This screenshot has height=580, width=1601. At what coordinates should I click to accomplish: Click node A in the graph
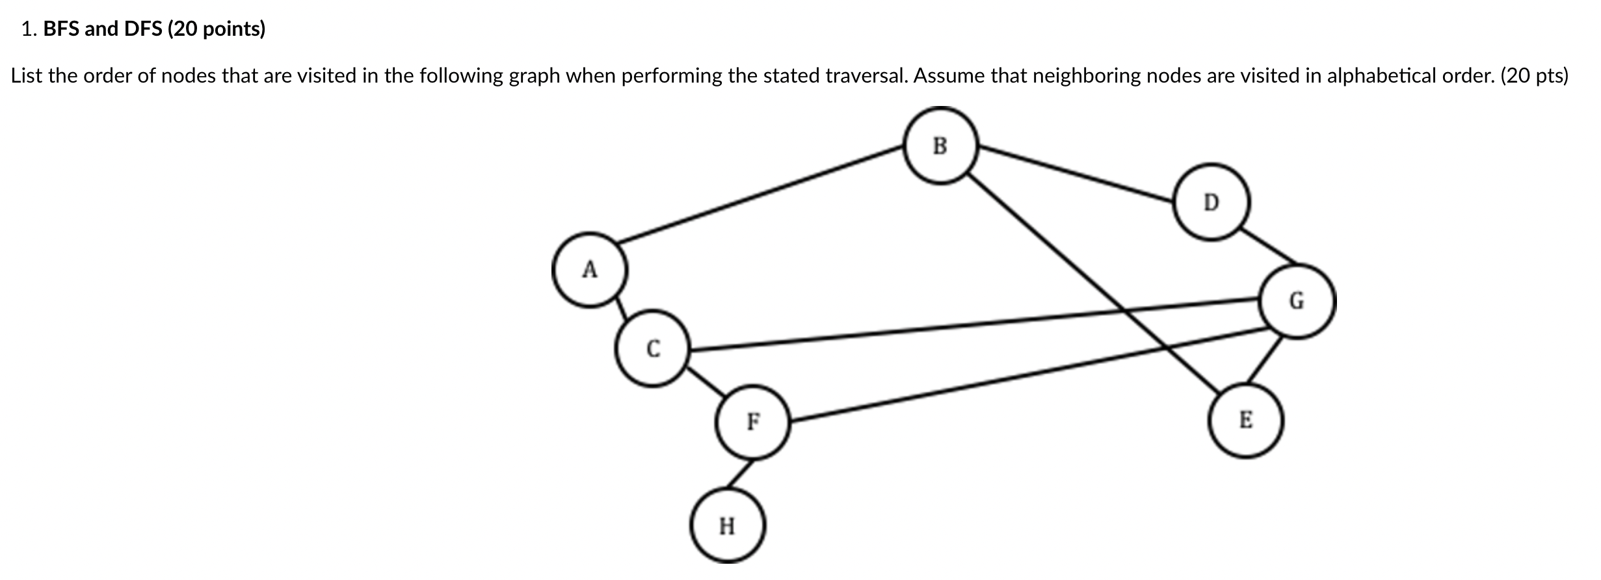[590, 270]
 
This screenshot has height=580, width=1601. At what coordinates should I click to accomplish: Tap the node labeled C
[652, 349]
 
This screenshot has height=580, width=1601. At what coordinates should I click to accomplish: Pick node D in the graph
[1211, 203]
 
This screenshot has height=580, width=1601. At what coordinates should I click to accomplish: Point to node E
[1245, 420]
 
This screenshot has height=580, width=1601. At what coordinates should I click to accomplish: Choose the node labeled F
[752, 422]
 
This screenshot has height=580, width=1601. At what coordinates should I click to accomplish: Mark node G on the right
[1297, 301]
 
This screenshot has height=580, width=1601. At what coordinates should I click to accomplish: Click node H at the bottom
[727, 525]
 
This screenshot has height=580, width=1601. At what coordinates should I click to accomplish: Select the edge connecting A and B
[761, 195]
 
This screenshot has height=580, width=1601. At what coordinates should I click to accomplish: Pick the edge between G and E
[1264, 361]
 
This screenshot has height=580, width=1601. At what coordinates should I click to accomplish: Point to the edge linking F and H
[741, 474]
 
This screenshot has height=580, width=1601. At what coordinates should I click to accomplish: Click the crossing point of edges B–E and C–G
[1124, 310]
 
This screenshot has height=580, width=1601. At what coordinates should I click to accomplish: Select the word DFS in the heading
[143, 29]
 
